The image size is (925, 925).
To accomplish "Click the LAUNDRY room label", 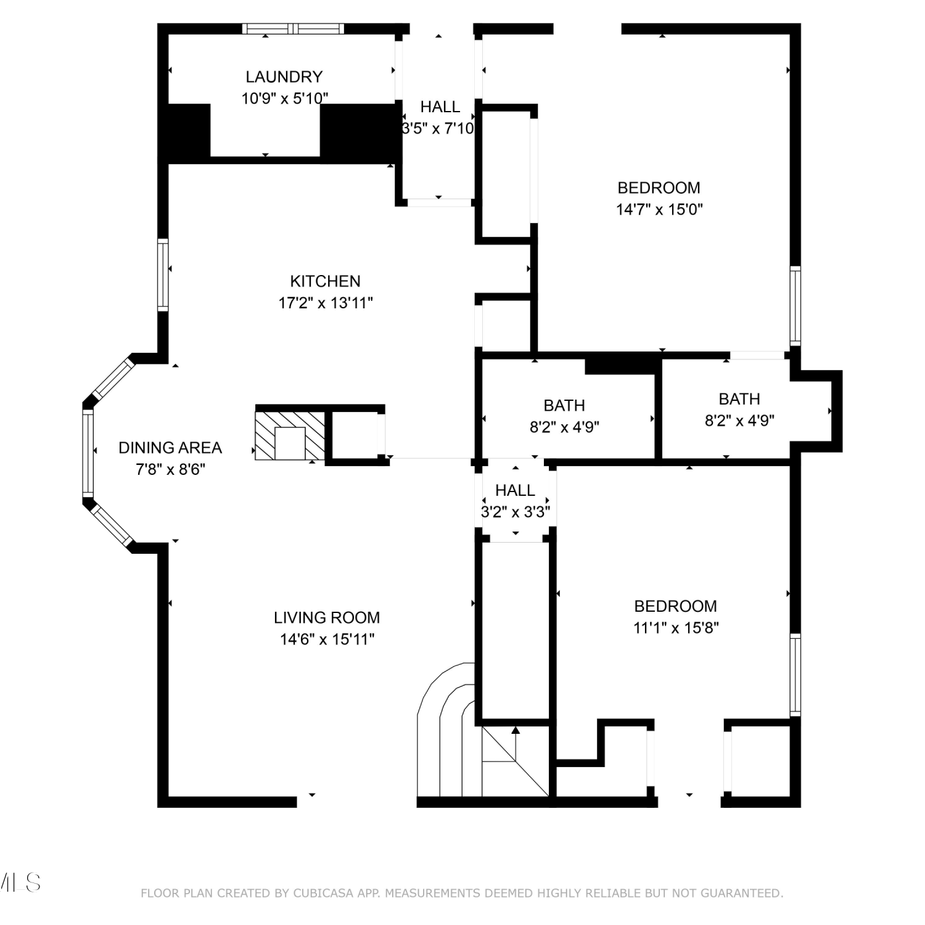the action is (x=284, y=76).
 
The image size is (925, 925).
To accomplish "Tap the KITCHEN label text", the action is (x=325, y=281).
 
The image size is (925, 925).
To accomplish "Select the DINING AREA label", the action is (x=170, y=448).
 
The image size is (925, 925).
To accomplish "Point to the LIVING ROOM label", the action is (x=327, y=617).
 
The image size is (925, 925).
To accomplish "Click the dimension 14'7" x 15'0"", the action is (x=659, y=209).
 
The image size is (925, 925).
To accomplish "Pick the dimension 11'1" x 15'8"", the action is (x=676, y=628).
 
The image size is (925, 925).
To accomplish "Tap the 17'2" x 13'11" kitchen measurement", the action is (x=326, y=303).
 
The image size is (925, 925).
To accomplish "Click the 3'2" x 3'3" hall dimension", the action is (x=516, y=512).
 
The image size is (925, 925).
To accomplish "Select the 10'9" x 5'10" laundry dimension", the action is (x=284, y=98).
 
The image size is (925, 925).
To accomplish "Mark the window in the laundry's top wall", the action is (x=293, y=28).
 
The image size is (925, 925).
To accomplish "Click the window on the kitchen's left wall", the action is (x=163, y=275).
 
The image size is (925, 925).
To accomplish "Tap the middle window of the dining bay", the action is (x=88, y=453).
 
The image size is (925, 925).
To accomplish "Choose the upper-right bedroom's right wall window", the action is (x=795, y=306).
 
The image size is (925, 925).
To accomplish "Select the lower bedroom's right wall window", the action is (x=795, y=675).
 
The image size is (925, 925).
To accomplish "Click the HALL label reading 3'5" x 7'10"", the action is (x=440, y=118).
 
